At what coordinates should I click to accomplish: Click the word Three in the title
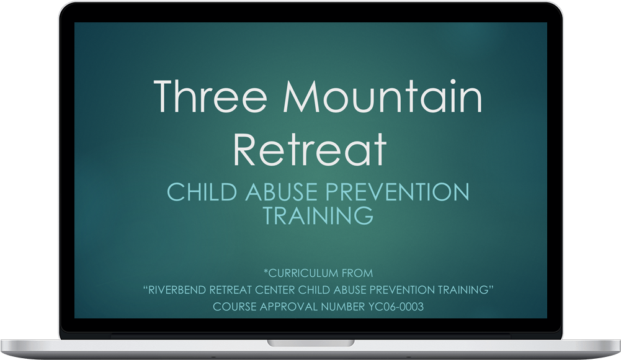pyautogui.click(x=210, y=96)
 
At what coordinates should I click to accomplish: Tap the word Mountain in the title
pyautogui.click(x=383, y=96)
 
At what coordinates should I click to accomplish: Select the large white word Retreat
pyautogui.click(x=310, y=149)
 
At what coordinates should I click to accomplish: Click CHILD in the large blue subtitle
pyautogui.click(x=202, y=192)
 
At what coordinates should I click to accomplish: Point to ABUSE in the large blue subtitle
pyautogui.click(x=281, y=192)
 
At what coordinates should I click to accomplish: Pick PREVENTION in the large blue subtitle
pyautogui.click(x=398, y=192)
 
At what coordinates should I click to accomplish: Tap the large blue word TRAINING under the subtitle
pyautogui.click(x=318, y=215)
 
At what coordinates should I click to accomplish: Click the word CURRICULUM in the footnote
pyautogui.click(x=303, y=273)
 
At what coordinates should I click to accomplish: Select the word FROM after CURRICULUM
pyautogui.click(x=357, y=273)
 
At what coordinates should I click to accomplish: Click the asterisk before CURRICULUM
pyautogui.click(x=266, y=271)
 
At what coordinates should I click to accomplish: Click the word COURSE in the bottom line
pyautogui.click(x=235, y=307)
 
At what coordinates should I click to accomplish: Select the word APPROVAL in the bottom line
pyautogui.click(x=288, y=307)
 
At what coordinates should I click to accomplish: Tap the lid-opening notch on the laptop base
pyautogui.click(x=310, y=343)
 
